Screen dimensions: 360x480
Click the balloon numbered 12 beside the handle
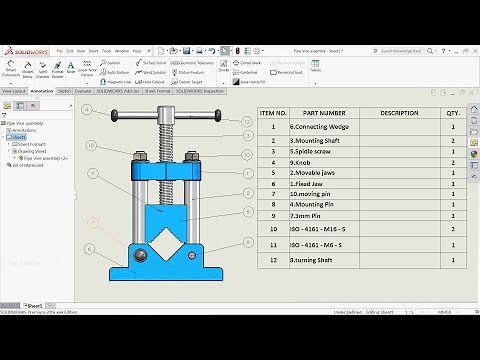point(247,121)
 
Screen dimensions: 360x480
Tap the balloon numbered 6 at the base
point(89,248)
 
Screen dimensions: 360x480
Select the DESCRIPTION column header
point(399,113)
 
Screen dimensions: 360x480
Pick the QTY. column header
point(453,113)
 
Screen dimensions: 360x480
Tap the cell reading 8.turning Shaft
point(313,259)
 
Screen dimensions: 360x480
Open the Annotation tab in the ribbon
point(42,90)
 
